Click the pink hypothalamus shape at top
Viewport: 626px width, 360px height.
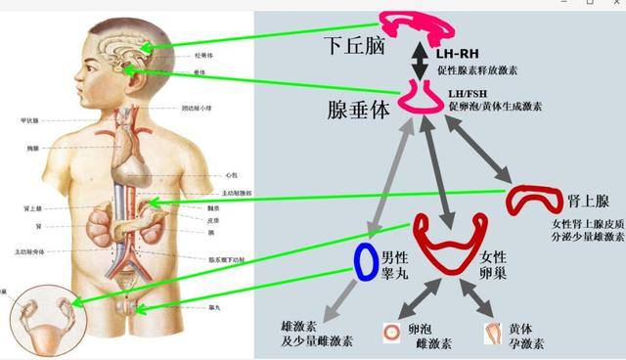point(416,27)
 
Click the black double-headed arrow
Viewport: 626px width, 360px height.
point(421,60)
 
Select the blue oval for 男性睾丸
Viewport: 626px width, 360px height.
point(366,259)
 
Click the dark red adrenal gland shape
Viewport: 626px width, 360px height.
point(532,199)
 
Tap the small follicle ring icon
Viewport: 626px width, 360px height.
point(390,333)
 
